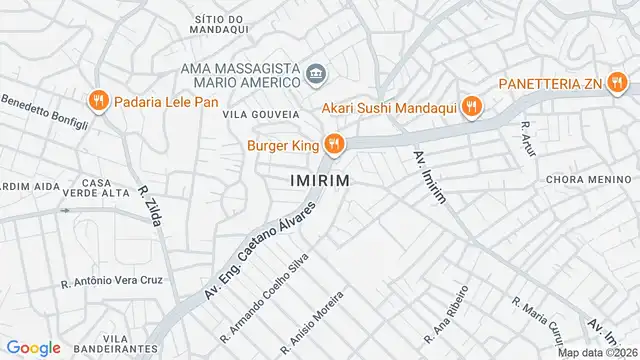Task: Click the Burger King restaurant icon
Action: [334, 145]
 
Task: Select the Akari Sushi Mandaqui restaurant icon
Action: [473, 106]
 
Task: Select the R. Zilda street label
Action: [150, 206]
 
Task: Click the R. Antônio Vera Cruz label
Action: [112, 280]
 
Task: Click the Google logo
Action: [33, 348]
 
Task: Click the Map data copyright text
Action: [598, 352]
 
